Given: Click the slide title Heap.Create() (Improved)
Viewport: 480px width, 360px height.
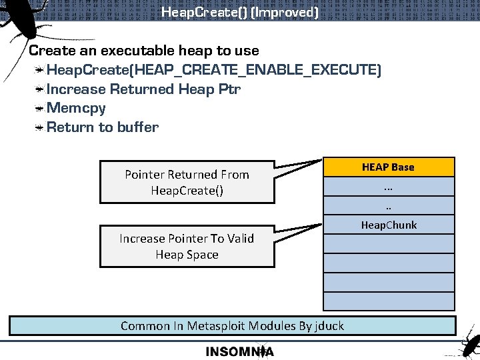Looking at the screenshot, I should (240, 12).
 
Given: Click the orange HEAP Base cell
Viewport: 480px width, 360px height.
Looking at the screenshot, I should (389, 167).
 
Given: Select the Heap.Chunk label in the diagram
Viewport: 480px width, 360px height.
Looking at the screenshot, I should (389, 225).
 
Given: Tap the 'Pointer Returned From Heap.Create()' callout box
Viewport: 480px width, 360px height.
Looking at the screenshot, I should (187, 182).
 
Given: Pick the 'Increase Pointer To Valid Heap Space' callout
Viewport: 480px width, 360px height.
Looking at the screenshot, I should (187, 246).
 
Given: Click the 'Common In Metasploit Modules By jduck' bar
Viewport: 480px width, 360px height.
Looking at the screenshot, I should (232, 325).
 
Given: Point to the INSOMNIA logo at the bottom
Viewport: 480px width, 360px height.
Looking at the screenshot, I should (239, 351).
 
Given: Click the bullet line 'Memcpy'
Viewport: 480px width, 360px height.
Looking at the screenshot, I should (76, 108).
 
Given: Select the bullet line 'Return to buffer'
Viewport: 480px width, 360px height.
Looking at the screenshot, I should (103, 127).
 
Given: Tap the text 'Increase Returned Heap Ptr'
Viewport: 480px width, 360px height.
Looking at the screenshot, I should (144, 89).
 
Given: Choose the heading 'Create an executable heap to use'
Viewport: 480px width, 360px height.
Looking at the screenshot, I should (144, 51).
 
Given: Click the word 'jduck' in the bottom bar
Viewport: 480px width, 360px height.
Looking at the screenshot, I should (329, 326).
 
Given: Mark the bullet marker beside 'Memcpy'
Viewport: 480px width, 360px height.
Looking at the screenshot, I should (41, 108).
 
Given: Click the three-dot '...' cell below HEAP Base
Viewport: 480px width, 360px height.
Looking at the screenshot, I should (389, 187).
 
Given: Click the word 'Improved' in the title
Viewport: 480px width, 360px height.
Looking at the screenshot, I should (291, 12).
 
